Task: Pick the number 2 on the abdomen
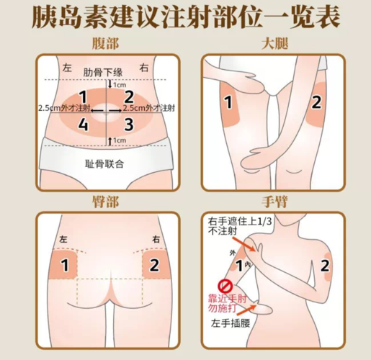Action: coord(129,96)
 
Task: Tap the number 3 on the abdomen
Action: coord(129,125)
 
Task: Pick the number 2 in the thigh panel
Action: coord(318,102)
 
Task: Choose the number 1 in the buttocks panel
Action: coord(64,265)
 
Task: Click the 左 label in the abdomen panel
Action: coord(68,68)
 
